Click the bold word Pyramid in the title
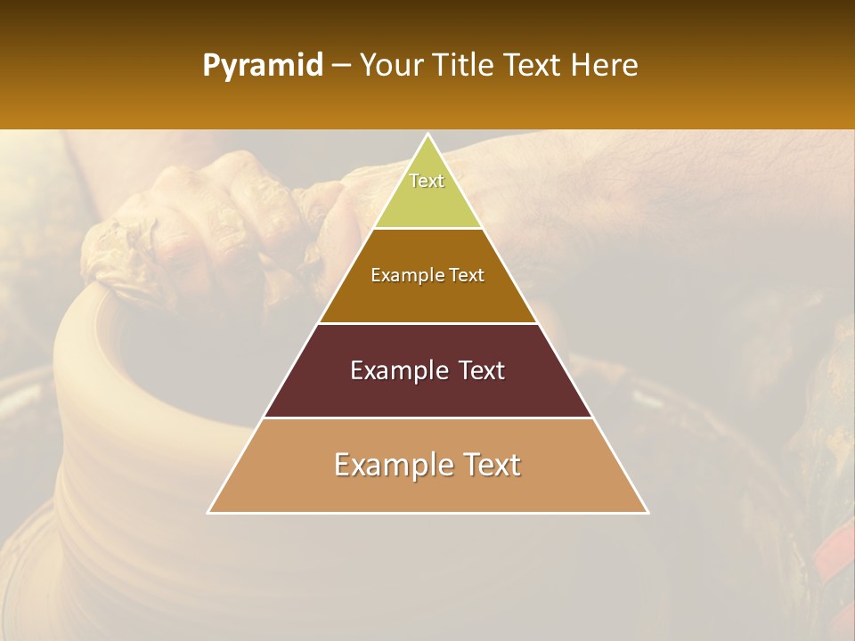click(x=263, y=66)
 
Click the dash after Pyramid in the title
click(x=340, y=67)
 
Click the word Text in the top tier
click(x=427, y=181)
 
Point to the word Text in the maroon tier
click(x=476, y=370)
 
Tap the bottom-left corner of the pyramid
click(x=208, y=512)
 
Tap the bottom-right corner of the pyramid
click(x=647, y=512)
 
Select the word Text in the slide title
click(x=532, y=66)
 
